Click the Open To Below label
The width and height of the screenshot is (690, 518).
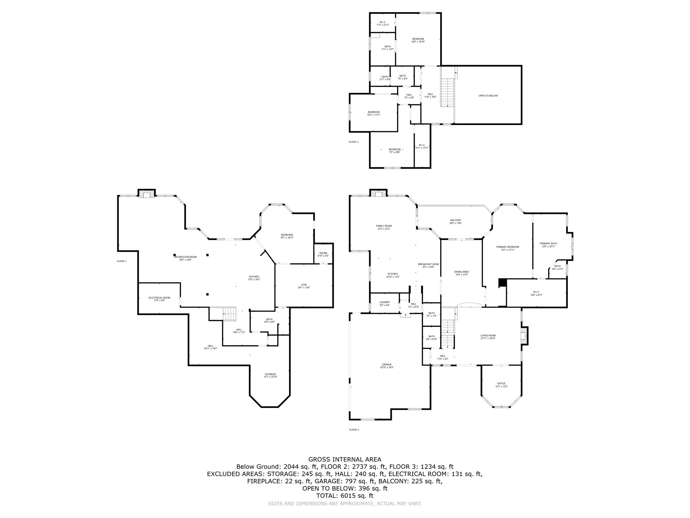pyautogui.click(x=488, y=96)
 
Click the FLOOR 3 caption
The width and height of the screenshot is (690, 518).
pyautogui.click(x=353, y=142)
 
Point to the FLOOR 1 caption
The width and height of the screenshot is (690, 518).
pyautogui.click(x=122, y=261)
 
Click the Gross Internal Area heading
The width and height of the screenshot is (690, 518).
pyautogui.click(x=345, y=459)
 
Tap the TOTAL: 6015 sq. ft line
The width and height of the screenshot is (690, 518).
pyautogui.click(x=345, y=496)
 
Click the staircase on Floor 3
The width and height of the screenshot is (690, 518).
pyautogui.click(x=448, y=92)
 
